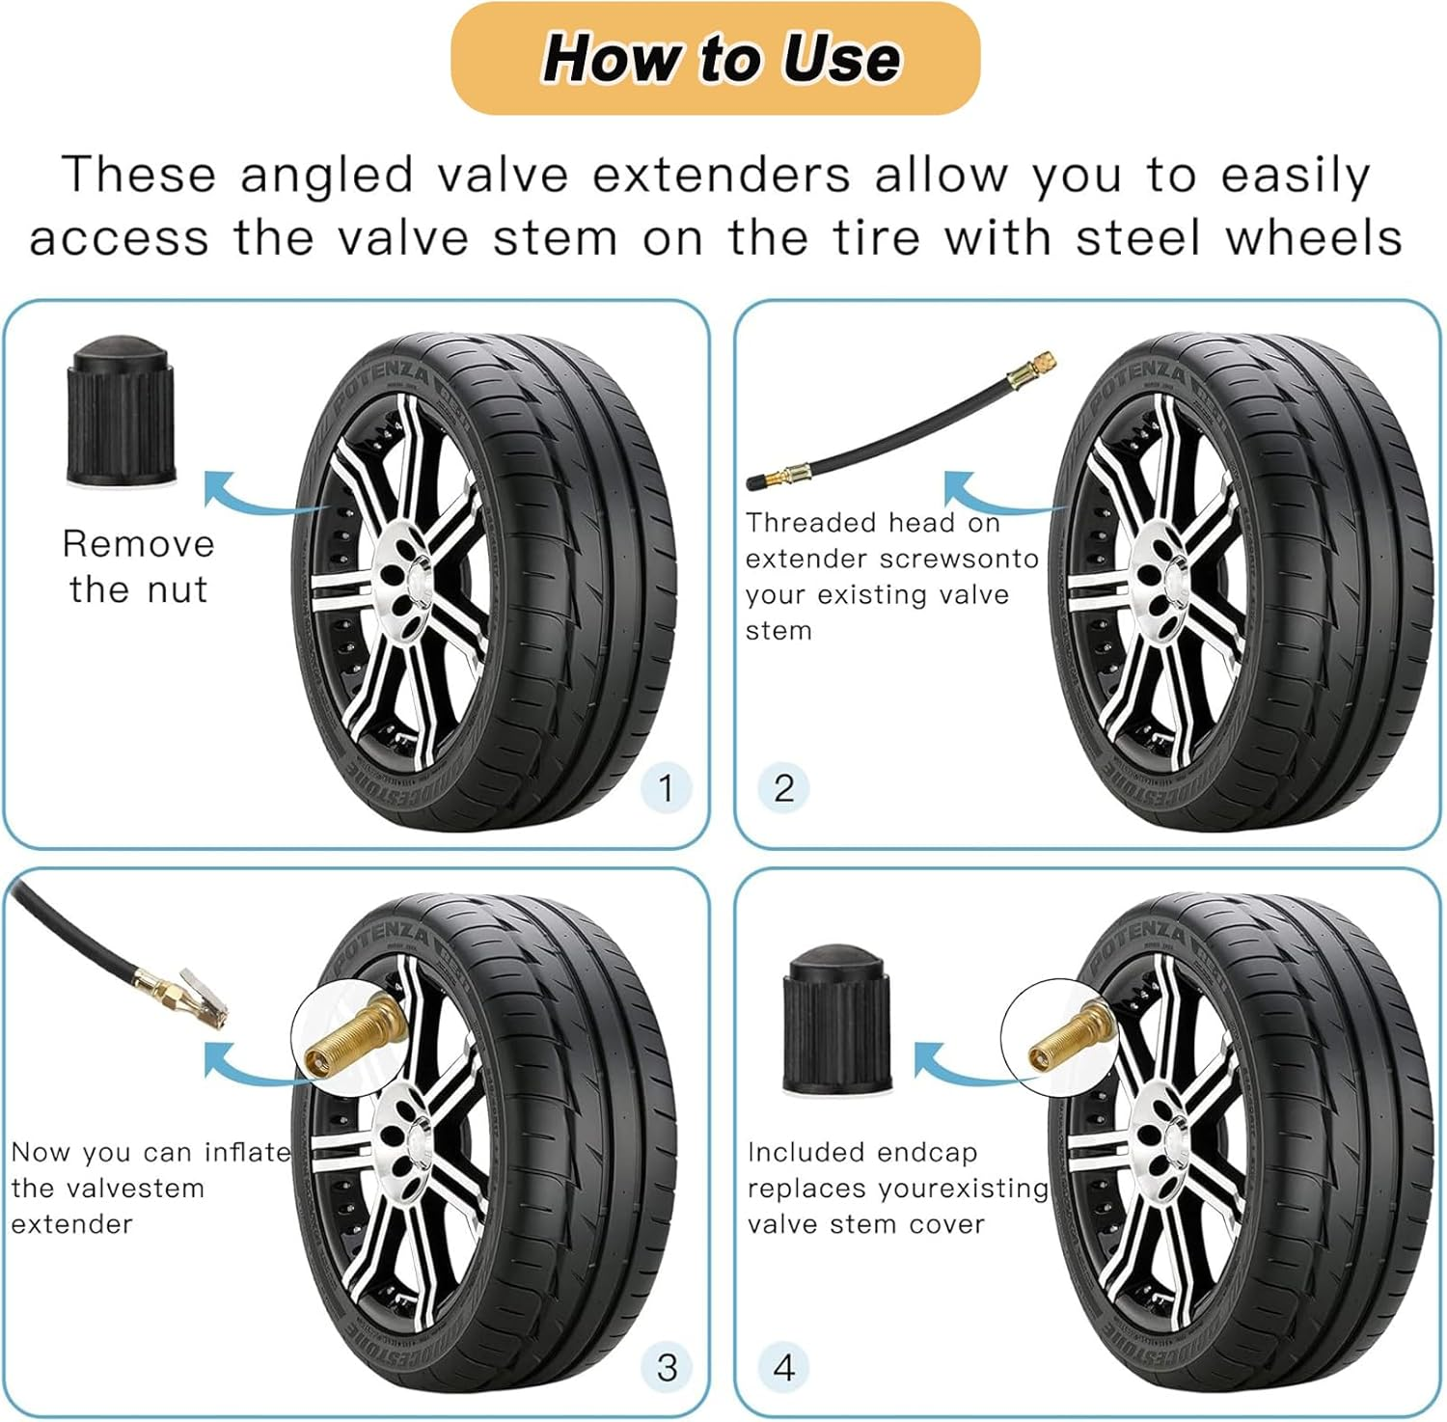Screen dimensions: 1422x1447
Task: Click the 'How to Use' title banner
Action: (715, 59)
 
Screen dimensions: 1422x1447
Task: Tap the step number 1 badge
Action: (666, 787)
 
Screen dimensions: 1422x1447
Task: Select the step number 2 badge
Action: (783, 787)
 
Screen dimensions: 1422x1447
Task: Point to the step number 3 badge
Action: (666, 1366)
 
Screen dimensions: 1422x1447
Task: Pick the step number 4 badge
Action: (783, 1366)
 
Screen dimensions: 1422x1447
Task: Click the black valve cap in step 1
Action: (121, 410)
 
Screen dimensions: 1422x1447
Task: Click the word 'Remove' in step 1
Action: (138, 544)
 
